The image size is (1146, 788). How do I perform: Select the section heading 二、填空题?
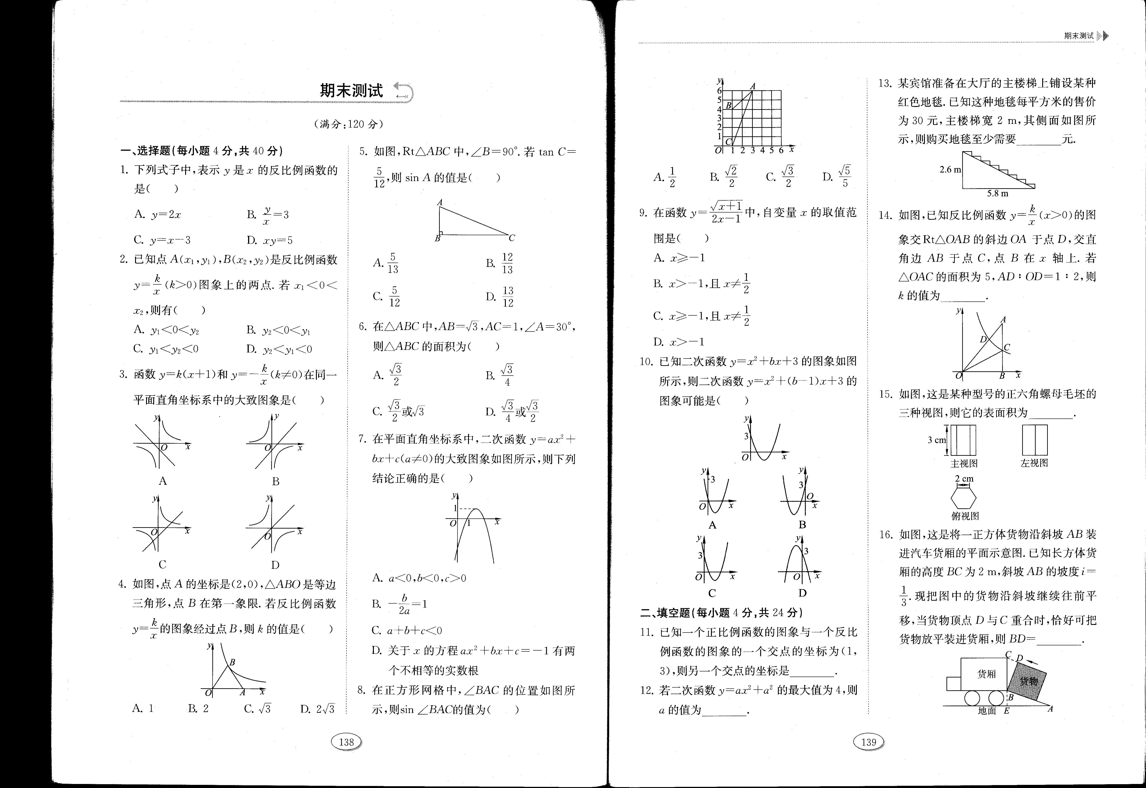(x=666, y=613)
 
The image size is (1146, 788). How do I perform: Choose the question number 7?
(x=362, y=439)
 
